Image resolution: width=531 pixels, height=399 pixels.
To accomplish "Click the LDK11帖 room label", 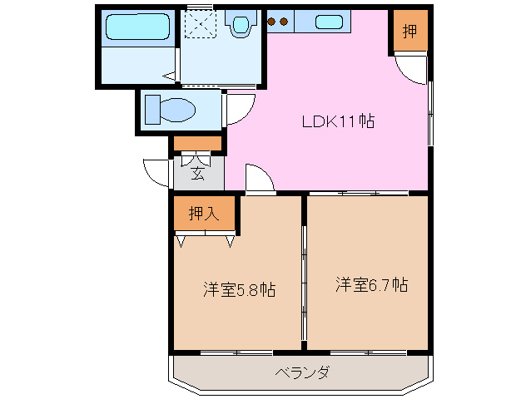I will [337, 121].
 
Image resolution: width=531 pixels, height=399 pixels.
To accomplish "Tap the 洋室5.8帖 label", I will [239, 290].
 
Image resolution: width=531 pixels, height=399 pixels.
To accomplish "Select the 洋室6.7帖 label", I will [371, 284].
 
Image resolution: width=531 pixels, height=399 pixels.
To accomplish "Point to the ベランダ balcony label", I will [301, 372].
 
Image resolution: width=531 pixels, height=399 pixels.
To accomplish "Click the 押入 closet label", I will [204, 214].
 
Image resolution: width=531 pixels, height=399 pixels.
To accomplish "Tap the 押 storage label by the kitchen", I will [410, 32].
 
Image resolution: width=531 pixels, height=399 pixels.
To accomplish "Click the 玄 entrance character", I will [198, 173].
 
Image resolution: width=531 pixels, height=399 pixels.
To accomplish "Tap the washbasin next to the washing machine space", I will [242, 24].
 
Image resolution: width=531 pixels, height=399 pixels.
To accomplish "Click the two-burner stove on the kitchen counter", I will [278, 22].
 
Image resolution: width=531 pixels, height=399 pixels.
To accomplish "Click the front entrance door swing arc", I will [156, 171].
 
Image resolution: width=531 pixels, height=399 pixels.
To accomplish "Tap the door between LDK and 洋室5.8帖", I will [259, 180].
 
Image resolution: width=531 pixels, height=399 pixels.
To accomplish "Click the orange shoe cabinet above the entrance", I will [198, 143].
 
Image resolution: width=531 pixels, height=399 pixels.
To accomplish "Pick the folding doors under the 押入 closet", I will [205, 240].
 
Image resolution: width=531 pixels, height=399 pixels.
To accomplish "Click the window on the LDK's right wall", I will [430, 113].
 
